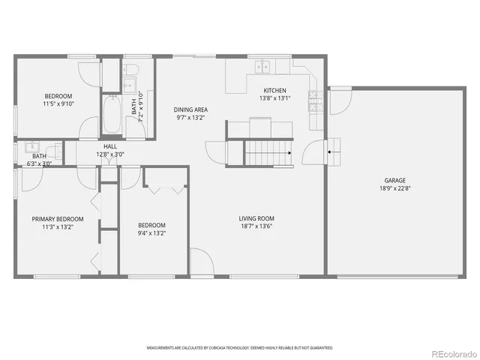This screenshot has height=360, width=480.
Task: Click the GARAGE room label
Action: [x=395, y=180]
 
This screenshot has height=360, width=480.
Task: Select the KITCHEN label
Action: [x=274, y=90]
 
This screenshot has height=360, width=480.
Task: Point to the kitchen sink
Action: [x=263, y=67]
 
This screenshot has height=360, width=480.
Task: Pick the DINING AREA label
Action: [x=190, y=109]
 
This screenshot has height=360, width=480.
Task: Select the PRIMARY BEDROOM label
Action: [x=58, y=219]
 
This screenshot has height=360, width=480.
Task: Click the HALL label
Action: [x=110, y=147]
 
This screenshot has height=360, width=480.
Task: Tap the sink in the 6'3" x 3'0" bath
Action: [x=31, y=147]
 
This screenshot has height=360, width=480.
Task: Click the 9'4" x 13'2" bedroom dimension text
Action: [x=151, y=232]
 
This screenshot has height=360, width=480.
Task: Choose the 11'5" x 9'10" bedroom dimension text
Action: [x=58, y=103]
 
